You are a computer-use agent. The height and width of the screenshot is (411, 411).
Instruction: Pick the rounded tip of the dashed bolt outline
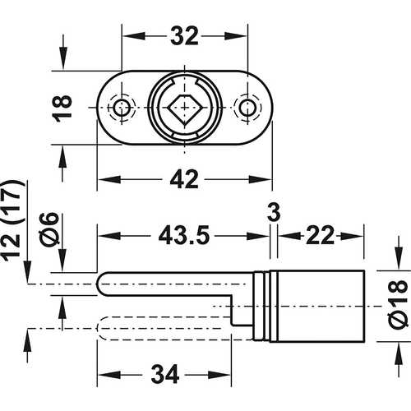104,329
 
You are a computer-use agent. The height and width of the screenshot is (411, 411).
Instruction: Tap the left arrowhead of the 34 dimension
104,375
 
